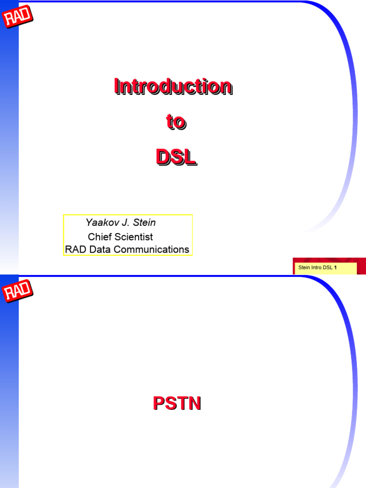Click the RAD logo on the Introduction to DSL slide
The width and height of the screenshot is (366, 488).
18,18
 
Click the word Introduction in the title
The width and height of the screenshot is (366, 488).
173,87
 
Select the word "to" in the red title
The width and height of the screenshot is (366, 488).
176,122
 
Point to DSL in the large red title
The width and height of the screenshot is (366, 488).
176,158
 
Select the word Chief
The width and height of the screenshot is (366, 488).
99,237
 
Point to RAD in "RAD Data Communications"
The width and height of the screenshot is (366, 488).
74,249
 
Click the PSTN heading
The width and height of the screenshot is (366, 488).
177,404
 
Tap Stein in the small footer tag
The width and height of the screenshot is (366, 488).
304,268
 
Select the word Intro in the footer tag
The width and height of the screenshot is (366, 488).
316,268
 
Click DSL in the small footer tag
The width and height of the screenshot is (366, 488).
328,268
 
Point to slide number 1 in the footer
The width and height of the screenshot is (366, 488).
335,268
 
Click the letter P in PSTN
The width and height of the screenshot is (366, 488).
158,404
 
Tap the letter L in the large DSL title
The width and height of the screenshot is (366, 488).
190,158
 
